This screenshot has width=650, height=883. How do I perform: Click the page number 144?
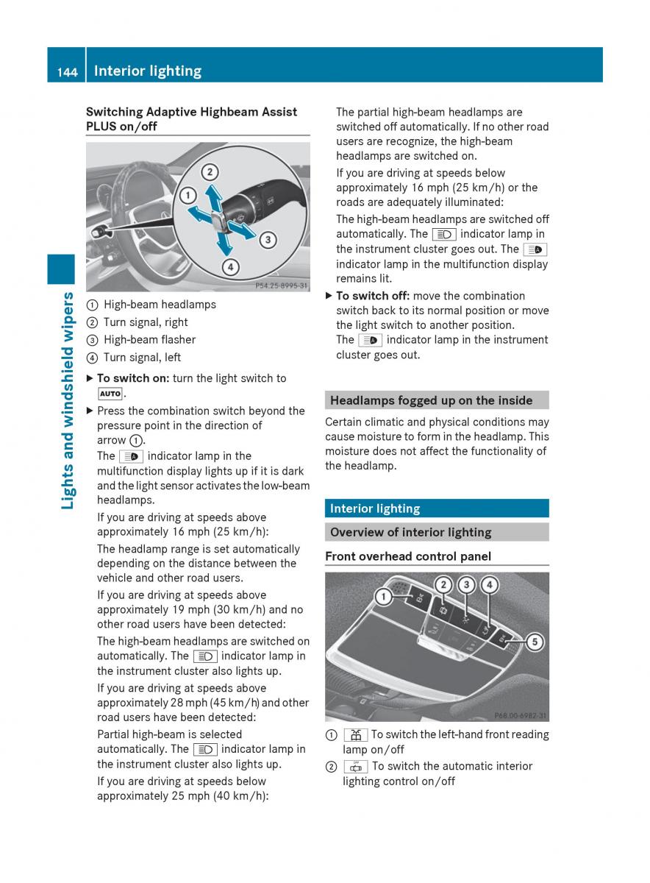click(x=68, y=72)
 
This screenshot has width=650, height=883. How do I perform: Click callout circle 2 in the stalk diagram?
click(x=210, y=172)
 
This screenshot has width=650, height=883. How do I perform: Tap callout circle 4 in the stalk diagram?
click(x=230, y=267)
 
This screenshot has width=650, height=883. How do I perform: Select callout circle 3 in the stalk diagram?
click(x=268, y=240)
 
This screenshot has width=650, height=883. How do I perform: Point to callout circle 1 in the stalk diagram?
click(x=188, y=196)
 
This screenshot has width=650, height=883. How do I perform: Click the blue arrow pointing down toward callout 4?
click(x=224, y=242)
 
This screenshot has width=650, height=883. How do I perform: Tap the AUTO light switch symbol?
click(x=110, y=394)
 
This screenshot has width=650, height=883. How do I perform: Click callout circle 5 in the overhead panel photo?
click(x=535, y=642)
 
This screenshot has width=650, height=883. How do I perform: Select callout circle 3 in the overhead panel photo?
click(x=466, y=585)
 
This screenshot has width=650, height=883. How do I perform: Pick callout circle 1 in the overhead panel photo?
click(x=383, y=597)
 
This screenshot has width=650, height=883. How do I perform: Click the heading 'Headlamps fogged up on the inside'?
click(x=432, y=400)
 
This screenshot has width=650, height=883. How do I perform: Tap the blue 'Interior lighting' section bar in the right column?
click(x=437, y=508)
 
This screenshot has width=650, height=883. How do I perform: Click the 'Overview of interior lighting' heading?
click(x=411, y=532)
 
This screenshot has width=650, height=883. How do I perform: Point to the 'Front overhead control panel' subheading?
click(x=408, y=556)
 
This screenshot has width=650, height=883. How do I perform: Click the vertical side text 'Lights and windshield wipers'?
click(x=68, y=400)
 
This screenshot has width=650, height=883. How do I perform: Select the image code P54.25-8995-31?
click(x=282, y=286)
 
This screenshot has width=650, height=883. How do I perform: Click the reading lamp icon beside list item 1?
click(x=356, y=735)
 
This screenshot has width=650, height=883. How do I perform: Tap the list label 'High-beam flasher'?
click(x=150, y=340)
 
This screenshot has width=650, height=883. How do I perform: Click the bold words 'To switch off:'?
click(x=373, y=296)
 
